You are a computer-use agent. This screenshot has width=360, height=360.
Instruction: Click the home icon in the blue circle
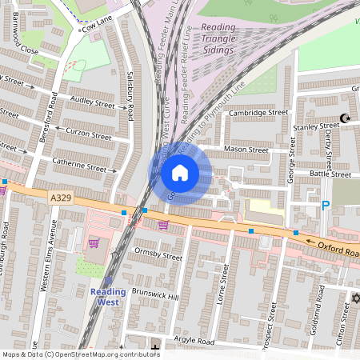coord(180,172)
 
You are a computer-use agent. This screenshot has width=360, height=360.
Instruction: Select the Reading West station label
coord(108,297)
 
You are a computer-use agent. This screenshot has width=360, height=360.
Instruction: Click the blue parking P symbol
coord(326,206)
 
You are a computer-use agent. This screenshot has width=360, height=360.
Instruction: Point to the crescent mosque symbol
coord(346,118)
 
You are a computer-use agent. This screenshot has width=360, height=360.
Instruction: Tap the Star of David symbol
coord(357,298)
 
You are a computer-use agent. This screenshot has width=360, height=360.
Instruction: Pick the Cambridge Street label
coord(258,114)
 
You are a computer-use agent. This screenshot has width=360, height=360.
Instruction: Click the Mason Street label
coord(246,150)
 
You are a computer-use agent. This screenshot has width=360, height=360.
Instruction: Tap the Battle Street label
coord(330,174)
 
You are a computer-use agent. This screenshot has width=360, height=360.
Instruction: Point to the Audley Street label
coord(94,103)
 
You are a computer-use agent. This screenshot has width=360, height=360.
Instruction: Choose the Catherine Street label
coord(79,168)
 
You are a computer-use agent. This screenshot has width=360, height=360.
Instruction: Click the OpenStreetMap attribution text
coord(80,354)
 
